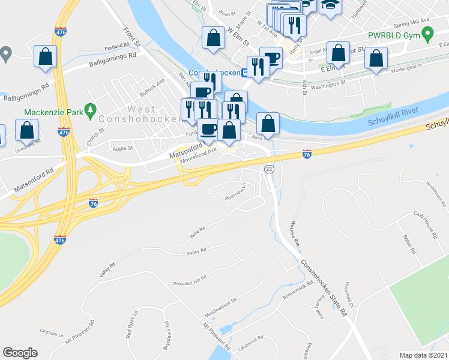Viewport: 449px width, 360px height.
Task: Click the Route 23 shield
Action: click(x=269, y=170)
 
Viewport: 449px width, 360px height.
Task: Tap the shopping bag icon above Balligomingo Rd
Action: click(x=46, y=57)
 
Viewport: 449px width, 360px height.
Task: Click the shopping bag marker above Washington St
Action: click(x=376, y=59)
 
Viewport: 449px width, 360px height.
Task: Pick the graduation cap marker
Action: click(x=329, y=5)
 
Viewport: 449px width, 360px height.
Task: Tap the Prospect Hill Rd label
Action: click(x=190, y=281)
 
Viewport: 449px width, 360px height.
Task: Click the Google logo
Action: click(x=20, y=353)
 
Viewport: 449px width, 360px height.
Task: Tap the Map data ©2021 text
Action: click(x=423, y=355)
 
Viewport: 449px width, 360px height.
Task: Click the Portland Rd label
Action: click(x=116, y=46)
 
